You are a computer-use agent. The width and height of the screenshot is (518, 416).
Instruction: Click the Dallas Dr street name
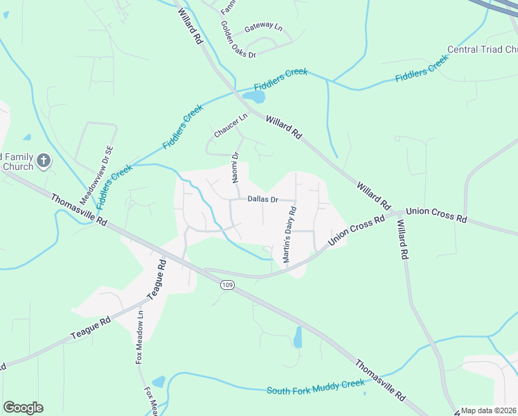tap(262, 200)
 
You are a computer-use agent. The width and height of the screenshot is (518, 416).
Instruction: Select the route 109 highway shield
tap(227, 285)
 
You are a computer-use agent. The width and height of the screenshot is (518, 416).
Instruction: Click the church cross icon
tap(43, 162)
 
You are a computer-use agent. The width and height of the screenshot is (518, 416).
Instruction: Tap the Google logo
tap(23, 408)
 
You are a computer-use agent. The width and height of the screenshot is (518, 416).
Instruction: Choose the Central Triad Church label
tap(483, 50)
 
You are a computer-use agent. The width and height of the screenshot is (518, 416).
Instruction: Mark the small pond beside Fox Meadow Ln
tap(159, 382)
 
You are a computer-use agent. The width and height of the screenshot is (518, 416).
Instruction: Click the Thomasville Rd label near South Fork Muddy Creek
tap(380, 380)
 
